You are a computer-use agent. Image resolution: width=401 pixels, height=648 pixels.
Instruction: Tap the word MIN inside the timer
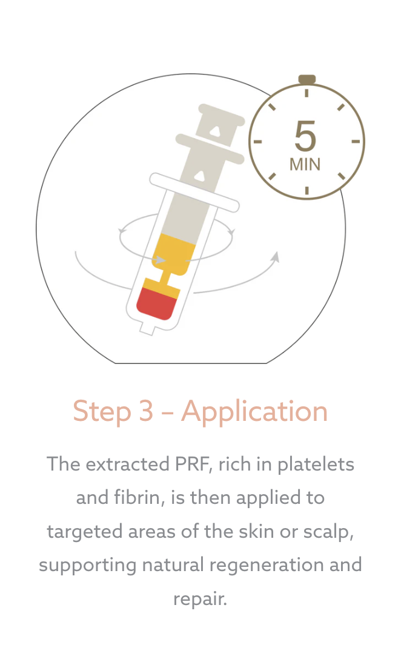(x=305, y=165)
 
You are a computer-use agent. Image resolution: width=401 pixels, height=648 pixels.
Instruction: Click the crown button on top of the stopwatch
(x=307, y=79)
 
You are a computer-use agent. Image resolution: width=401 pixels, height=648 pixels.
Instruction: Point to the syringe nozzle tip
(x=147, y=329)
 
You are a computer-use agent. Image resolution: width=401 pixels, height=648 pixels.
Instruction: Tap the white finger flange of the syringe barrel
(x=194, y=192)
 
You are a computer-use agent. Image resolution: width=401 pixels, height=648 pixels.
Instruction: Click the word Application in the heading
(x=254, y=412)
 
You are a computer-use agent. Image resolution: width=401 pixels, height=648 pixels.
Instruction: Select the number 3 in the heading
(x=146, y=411)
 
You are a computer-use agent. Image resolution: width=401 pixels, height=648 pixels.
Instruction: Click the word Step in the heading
(x=102, y=412)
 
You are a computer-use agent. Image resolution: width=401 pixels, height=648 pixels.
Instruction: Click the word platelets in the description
(x=316, y=464)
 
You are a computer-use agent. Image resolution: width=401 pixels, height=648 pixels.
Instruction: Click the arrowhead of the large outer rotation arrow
(x=275, y=257)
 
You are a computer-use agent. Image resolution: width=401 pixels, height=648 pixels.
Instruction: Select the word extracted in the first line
(x=128, y=464)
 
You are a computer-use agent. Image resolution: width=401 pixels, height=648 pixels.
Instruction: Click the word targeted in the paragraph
(x=85, y=532)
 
